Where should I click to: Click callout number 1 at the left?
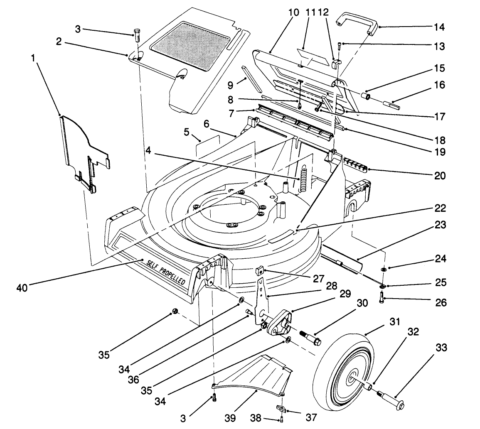(x=33, y=59)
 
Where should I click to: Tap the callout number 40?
(x=22, y=287)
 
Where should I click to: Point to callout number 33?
(x=442, y=348)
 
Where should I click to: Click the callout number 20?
(x=439, y=176)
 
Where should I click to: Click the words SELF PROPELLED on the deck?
(x=166, y=272)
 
